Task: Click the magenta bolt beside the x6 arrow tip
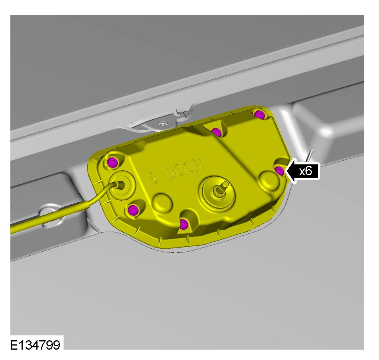point(280,171)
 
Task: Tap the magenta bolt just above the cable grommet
point(112,162)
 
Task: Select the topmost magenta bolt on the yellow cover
point(259,114)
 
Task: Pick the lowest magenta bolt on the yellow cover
point(184,223)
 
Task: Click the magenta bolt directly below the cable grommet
point(133,209)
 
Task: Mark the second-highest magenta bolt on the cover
point(216,132)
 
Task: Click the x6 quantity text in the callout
point(306,171)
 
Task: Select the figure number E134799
point(35,345)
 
